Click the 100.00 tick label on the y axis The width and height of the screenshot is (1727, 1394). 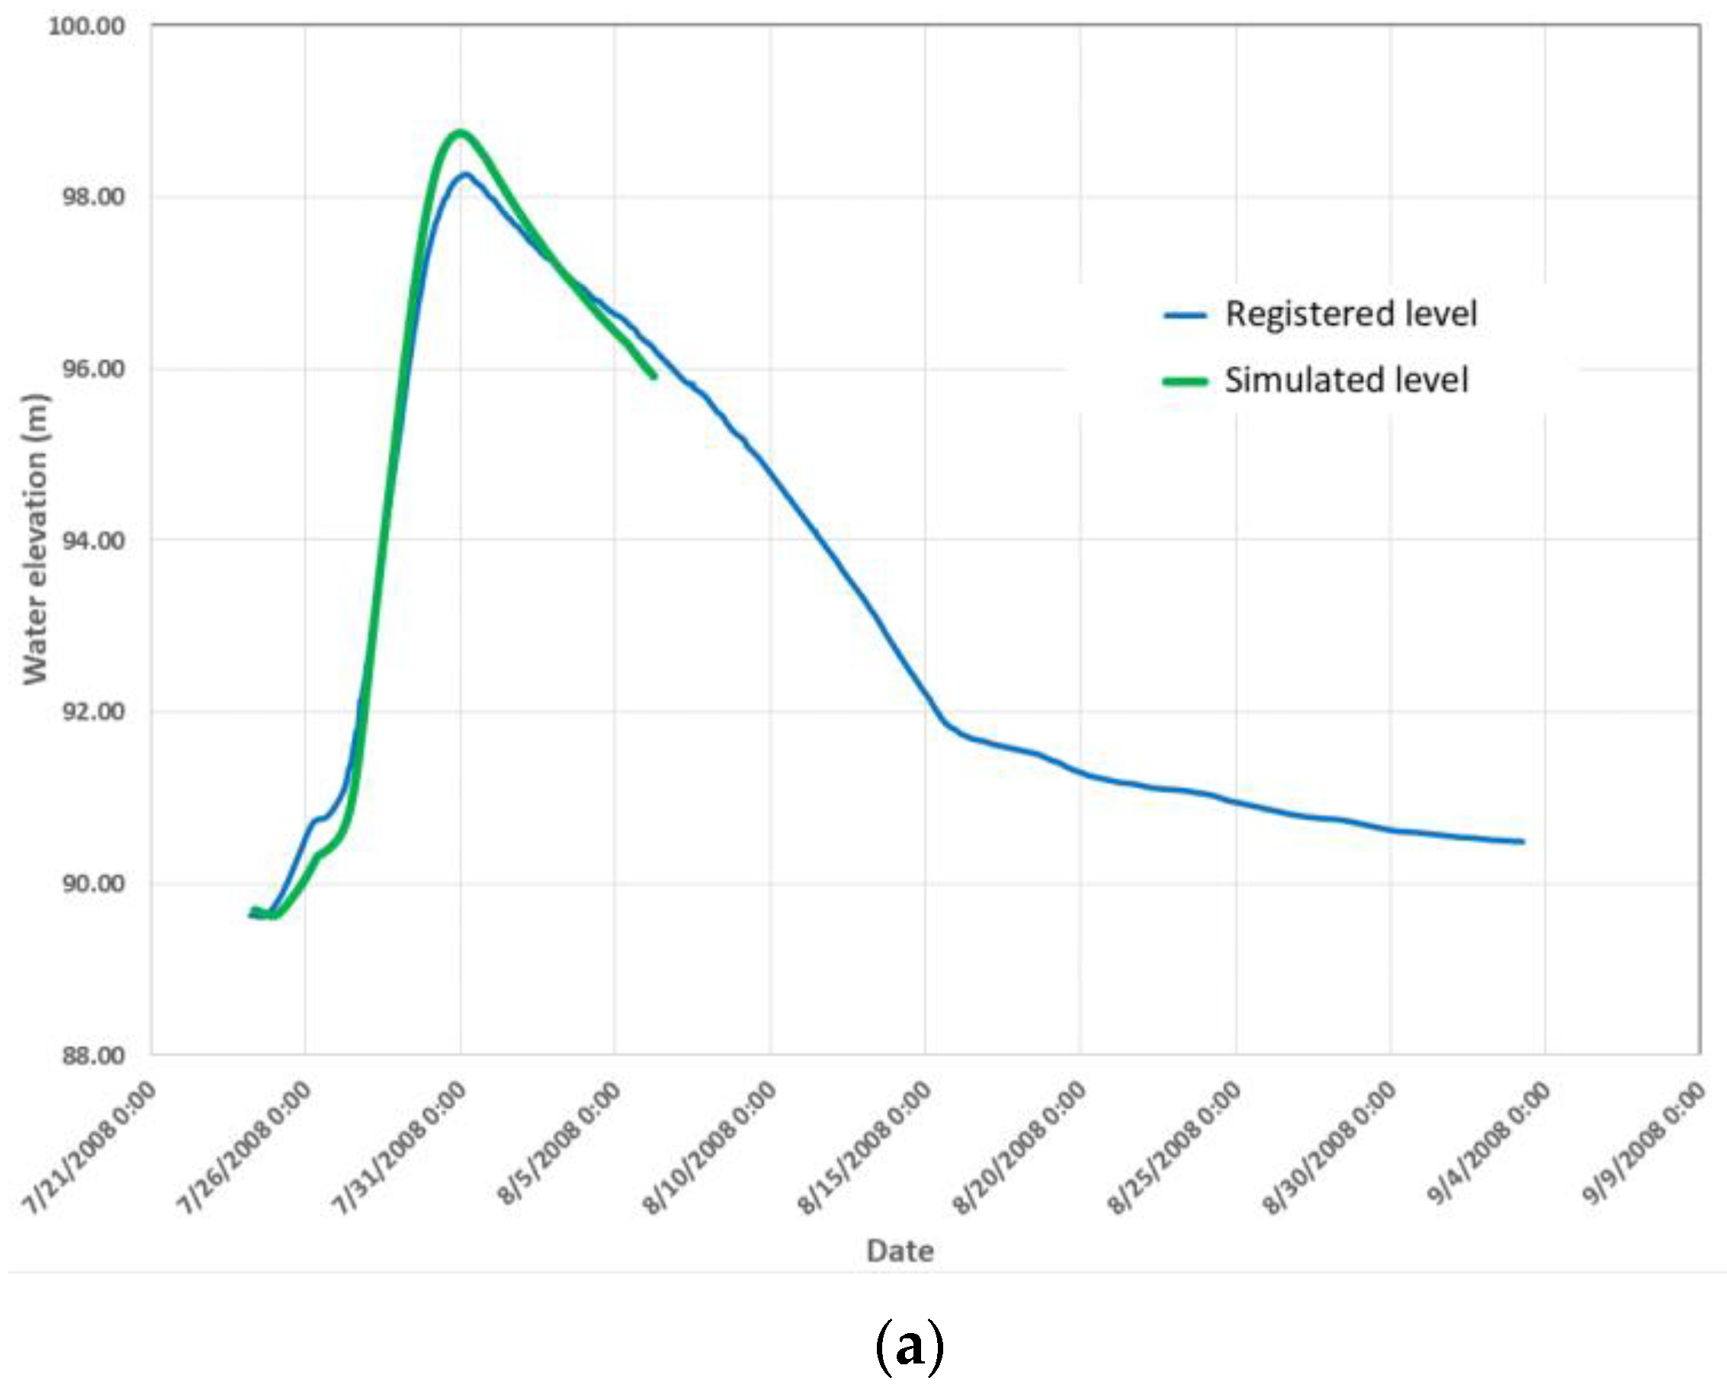click(x=87, y=26)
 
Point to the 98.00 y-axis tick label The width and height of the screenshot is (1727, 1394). click(x=94, y=197)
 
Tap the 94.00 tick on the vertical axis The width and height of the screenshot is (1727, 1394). click(x=94, y=540)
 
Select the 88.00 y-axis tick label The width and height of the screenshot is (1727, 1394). click(x=94, y=1055)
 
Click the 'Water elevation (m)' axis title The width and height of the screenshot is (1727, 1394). click(x=35, y=539)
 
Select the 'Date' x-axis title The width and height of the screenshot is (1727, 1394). click(x=900, y=1250)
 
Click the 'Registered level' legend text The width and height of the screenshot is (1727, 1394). click(x=1351, y=314)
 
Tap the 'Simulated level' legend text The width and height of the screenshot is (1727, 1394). click(x=1347, y=380)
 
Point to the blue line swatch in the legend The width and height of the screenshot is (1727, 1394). click(x=1185, y=316)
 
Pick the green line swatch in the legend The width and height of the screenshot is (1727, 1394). click(x=1185, y=383)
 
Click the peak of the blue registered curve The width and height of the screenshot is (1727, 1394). click(x=465, y=175)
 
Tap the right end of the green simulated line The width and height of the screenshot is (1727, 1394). click(x=656, y=377)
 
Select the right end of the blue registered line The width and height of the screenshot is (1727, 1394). click(x=1523, y=841)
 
